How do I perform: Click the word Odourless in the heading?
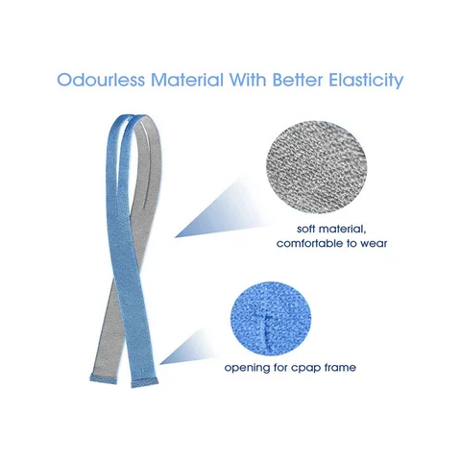tap(101, 80)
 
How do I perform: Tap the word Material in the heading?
tap(187, 80)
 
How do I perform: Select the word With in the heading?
tap(248, 80)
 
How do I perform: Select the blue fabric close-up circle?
tap(271, 319)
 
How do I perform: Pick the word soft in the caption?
tap(306, 229)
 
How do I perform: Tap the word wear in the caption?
tap(374, 244)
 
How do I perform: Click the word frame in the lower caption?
tap(341, 367)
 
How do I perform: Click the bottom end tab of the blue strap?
tap(145, 382)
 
